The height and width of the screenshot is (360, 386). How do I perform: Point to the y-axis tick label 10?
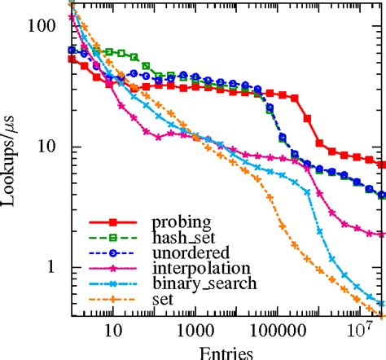pyautogui.click(x=47, y=147)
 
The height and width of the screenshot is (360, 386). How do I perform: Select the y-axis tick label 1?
pyautogui.click(x=52, y=267)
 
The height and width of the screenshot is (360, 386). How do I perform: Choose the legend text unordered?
pyautogui.click(x=186, y=252)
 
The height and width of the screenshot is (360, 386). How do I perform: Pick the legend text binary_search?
pyautogui.click(x=205, y=283)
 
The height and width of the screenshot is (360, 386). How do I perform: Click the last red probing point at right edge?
pyautogui.click(x=382, y=164)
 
